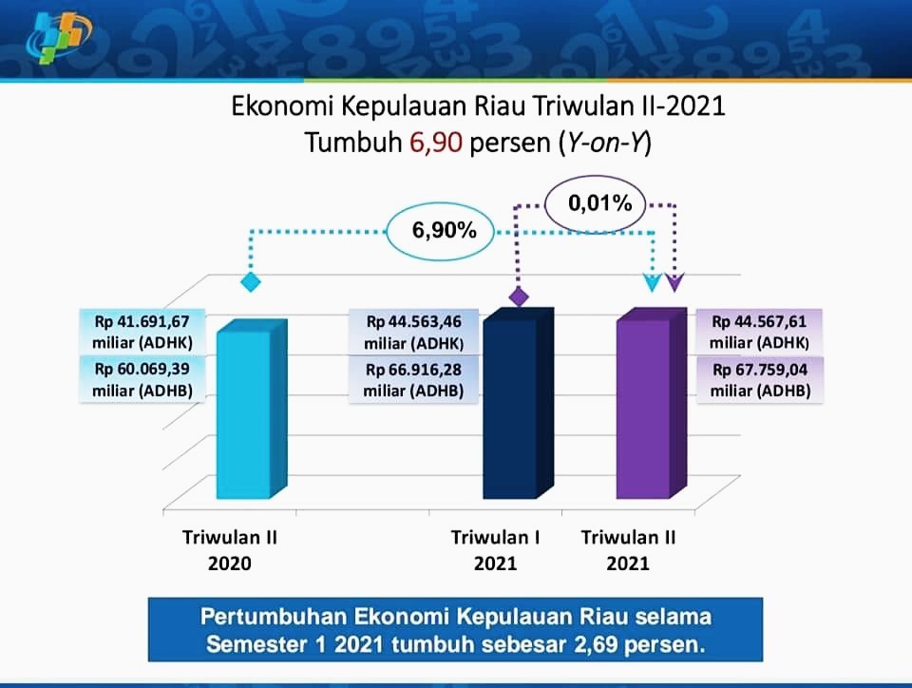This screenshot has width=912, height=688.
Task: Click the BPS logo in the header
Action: pos(59,37)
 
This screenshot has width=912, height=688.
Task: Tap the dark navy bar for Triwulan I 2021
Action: pos(519,403)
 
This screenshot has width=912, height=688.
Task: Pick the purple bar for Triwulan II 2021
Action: pos(652,403)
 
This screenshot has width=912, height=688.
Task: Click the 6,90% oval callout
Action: pos(440,231)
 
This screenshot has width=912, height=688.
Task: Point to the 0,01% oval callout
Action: pos(595,203)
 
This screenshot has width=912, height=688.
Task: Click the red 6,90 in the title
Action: pos(436,143)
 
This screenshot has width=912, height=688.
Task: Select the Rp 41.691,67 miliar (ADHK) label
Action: pos(142,332)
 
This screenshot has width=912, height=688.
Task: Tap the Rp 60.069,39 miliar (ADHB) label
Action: pos(142,379)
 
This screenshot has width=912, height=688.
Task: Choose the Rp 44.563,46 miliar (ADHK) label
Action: pos(413,332)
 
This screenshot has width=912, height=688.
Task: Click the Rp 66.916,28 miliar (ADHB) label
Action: pos(413,380)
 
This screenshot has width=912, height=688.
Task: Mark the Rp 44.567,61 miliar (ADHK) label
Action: pos(759,332)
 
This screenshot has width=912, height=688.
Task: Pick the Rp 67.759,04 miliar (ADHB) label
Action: pos(760,380)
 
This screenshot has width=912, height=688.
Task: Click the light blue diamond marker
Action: pos(251,282)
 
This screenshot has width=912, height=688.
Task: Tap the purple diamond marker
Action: pos(519,296)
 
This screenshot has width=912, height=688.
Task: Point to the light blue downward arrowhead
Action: pos(653,281)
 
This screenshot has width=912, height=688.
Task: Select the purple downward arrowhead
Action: pos(674,281)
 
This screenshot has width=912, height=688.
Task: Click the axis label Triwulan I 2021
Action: pos(496,550)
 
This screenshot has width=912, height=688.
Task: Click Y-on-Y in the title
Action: pos(605,143)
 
